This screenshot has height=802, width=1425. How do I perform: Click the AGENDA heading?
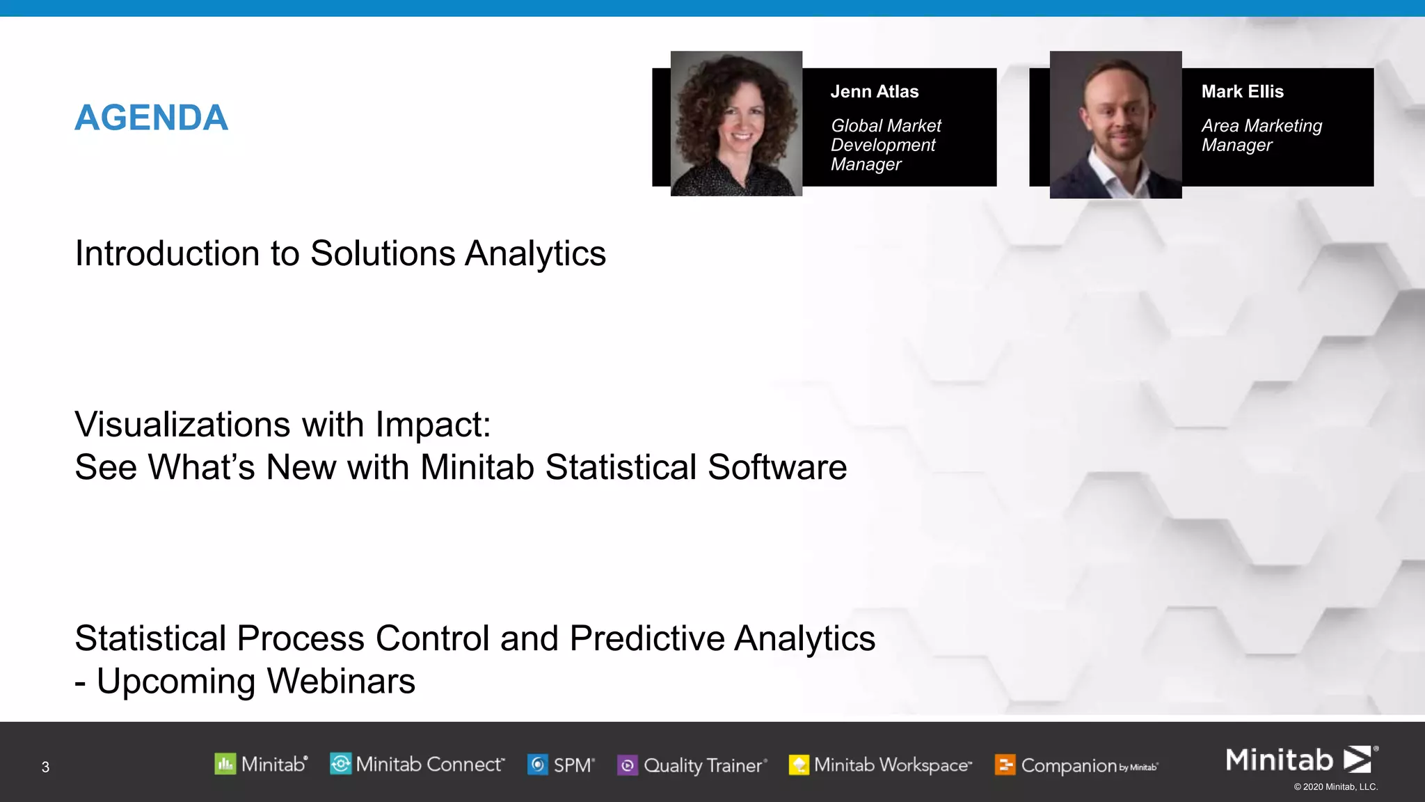click(x=151, y=118)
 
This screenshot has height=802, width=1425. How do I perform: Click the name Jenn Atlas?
click(x=874, y=92)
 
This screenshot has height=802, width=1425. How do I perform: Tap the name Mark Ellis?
click(x=1242, y=92)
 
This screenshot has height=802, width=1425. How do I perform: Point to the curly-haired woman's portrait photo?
click(x=736, y=124)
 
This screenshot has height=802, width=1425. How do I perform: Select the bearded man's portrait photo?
click(x=1115, y=125)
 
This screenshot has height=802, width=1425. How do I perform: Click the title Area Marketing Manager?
click(x=1261, y=135)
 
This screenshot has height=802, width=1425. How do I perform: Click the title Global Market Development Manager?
click(x=885, y=145)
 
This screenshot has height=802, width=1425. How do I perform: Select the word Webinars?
click(x=341, y=681)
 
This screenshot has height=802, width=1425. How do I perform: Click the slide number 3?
click(x=45, y=767)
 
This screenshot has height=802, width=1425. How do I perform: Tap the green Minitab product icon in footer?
click(x=225, y=764)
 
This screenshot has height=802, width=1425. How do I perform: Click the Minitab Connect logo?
click(x=417, y=764)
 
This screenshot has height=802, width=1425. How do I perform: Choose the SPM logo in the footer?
click(x=561, y=765)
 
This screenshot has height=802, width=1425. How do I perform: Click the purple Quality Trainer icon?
click(x=628, y=766)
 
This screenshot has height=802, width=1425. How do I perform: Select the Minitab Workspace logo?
click(x=880, y=765)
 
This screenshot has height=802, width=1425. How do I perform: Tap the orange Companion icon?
click(x=1005, y=766)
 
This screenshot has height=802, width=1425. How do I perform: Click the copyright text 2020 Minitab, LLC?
click(x=1335, y=787)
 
